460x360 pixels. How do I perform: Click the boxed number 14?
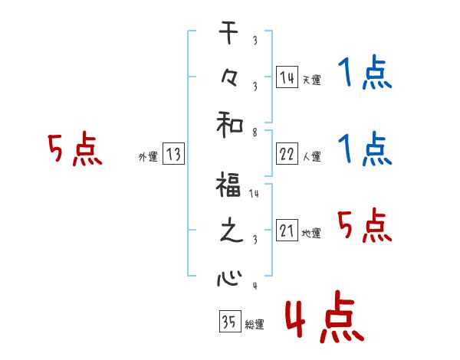click(x=287, y=77)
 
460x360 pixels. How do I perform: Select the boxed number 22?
click(x=287, y=155)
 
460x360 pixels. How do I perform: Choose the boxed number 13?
click(x=173, y=155)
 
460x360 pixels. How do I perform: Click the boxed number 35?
click(x=228, y=322)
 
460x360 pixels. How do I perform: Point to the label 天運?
click(x=311, y=80)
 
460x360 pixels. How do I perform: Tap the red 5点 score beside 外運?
click(x=75, y=149)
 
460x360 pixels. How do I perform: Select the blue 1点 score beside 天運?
click(x=365, y=75)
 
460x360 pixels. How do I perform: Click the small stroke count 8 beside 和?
click(x=254, y=133)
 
